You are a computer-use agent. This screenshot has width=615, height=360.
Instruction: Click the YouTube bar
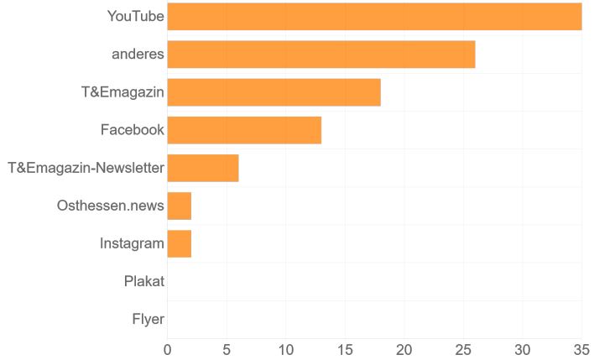374,17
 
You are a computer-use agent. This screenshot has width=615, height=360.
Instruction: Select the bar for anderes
321,55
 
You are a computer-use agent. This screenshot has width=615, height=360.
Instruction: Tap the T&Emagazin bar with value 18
274,92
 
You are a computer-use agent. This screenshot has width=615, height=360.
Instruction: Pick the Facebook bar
244,130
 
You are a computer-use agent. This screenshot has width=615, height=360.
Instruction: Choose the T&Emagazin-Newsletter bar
203,168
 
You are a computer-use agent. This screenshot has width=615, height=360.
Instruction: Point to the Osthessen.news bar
180,206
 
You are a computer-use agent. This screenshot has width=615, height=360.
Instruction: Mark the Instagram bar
180,243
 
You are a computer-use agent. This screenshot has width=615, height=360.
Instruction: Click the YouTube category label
136,17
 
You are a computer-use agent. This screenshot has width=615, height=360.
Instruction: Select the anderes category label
138,55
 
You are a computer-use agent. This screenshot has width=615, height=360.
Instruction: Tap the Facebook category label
132,130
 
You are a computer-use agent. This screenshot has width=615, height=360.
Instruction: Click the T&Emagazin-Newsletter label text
86,168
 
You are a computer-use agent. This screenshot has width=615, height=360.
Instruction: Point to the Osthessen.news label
110,206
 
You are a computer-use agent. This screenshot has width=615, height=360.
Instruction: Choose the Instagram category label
132,243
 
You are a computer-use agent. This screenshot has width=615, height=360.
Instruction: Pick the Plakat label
143,281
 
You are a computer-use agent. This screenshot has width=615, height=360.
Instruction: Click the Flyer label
148,319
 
